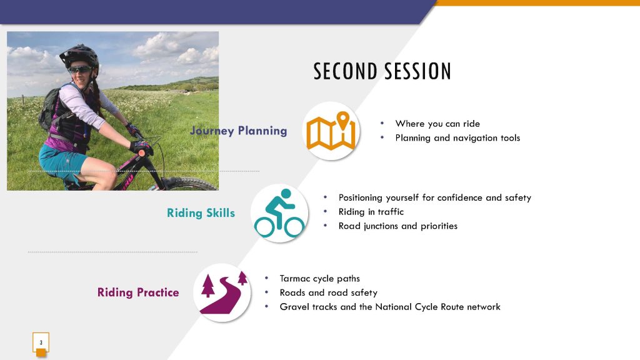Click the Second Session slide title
pos(382,71)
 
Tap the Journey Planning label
pos(238,131)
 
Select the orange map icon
pos(331,131)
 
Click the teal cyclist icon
pos(279,213)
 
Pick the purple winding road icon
pos(223,293)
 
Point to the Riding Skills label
pos(201,212)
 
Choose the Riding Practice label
pos(138,292)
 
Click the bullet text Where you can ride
pos(437,124)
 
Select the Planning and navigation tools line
pos(457,138)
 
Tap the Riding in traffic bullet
pos(371,211)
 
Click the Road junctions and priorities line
pos(398,226)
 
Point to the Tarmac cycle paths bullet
pos(319,278)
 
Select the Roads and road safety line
pos(328,292)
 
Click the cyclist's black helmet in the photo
pos(80,56)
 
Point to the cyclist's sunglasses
pos(79,69)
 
